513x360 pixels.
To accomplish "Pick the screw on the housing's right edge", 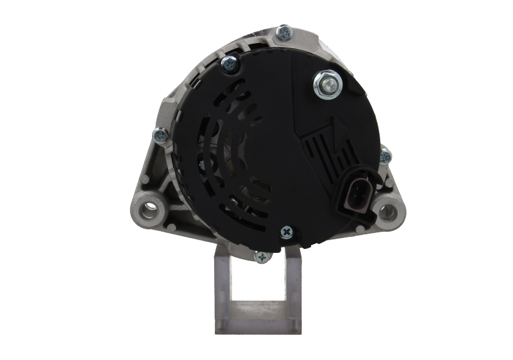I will tap(385, 155).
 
